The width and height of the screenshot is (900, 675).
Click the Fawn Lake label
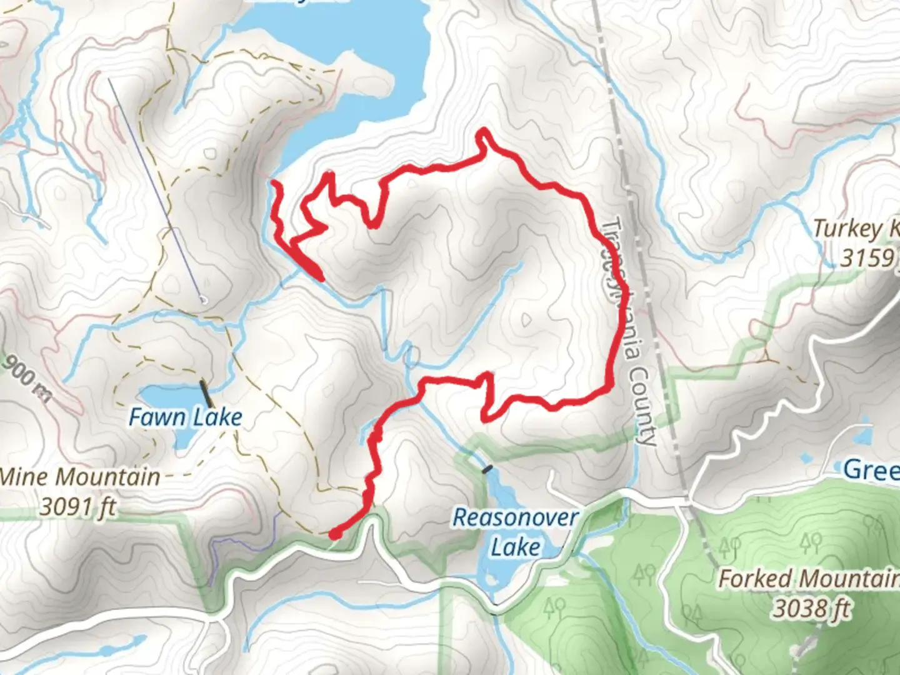(185, 417)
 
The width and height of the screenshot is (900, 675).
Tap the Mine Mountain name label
(80, 477)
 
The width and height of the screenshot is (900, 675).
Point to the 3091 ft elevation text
(78, 506)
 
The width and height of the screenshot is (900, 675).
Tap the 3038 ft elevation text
(812, 607)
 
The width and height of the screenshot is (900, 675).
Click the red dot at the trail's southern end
(336, 533)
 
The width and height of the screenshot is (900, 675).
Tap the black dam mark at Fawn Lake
(205, 393)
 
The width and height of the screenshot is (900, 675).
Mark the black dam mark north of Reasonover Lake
(487, 467)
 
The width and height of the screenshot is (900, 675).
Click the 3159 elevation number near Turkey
(866, 257)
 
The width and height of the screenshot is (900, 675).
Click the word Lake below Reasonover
(516, 547)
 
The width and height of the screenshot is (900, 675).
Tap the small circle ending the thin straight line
(202, 300)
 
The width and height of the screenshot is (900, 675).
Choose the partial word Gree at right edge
(871, 469)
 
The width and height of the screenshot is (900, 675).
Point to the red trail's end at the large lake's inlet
(274, 182)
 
